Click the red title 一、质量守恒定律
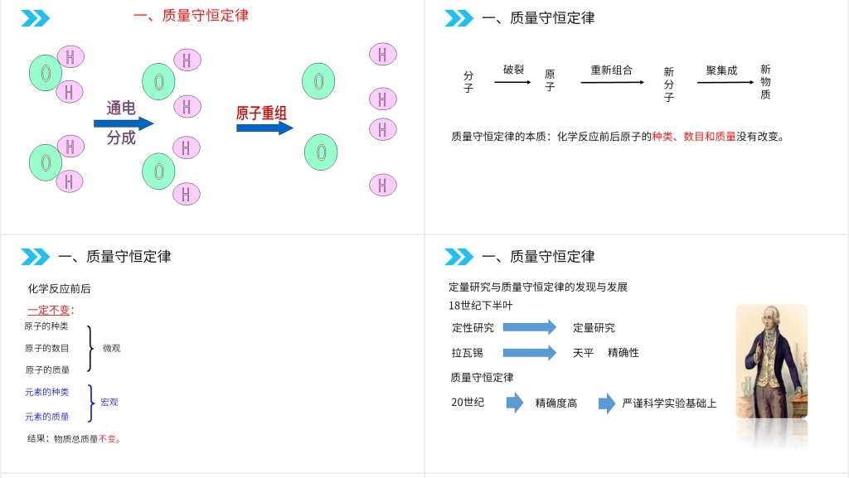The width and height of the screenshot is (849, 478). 191,15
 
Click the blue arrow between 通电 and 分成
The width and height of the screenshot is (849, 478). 124,123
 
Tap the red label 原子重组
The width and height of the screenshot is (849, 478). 262,113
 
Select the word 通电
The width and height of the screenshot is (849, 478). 121,108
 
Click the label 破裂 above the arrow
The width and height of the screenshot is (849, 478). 514,70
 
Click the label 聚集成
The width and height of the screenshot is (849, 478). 721,70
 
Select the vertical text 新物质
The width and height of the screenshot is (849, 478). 765,82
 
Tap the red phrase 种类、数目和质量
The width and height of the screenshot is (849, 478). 694,136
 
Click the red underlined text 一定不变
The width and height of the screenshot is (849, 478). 51,310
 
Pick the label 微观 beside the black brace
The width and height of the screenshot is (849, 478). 111,348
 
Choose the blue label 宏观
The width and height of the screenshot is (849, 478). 109,402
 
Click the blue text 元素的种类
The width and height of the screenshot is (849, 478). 47,392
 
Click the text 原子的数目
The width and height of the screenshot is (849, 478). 47,348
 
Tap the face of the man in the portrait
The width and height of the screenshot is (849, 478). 768,319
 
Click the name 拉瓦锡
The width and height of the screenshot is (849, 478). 468,353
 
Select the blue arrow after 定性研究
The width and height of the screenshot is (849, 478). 530,327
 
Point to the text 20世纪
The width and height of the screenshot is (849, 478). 468,403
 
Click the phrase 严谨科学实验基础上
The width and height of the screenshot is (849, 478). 669,403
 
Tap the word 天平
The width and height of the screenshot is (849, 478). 584,353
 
